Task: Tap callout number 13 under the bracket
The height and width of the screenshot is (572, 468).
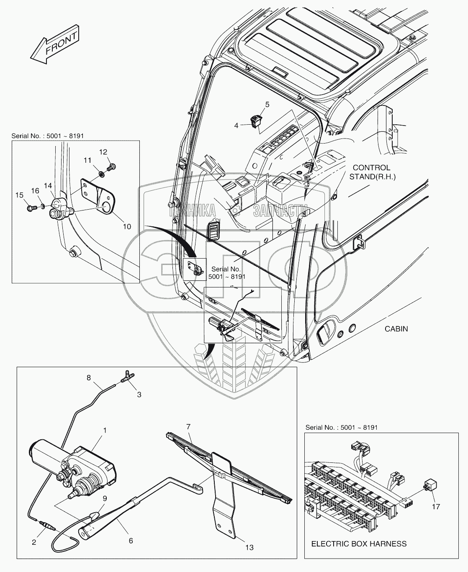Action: coord(249,547)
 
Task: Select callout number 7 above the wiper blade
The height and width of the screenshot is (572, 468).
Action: coord(188,427)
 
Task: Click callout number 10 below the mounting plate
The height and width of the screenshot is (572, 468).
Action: coord(126,226)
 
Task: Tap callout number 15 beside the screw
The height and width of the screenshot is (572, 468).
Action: coord(20,195)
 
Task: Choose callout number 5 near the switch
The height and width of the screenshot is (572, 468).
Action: coord(267,105)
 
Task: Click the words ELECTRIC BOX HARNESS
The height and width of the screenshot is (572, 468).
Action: coord(359,544)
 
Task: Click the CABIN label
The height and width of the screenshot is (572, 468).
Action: coord(396,328)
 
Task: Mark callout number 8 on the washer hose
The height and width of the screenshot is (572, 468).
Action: coord(88,377)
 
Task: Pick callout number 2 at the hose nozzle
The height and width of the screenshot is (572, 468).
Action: coord(34,543)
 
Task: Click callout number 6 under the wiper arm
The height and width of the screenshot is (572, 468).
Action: coord(131,541)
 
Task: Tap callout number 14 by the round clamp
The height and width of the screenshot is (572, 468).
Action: coord(48,185)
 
